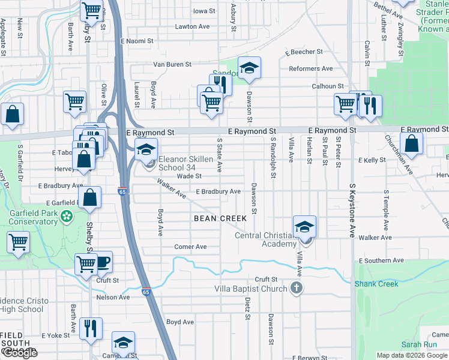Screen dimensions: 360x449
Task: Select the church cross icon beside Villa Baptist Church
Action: point(295,289)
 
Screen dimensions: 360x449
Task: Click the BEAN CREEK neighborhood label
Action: point(220,218)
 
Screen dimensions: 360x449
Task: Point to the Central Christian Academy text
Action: point(265,239)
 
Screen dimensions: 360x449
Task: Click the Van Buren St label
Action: point(172,64)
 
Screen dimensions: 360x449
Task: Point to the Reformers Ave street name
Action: point(310,69)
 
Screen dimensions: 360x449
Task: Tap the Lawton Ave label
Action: point(192,27)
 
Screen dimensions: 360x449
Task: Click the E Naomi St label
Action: point(137,41)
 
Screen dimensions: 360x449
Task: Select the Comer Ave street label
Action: point(190,247)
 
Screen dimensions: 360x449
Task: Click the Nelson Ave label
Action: point(113,297)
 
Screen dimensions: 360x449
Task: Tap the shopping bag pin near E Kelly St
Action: point(411,144)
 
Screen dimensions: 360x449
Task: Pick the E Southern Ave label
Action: point(381,261)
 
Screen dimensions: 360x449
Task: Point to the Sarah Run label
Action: point(419,344)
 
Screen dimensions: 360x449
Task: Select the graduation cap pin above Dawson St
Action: point(249,68)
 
